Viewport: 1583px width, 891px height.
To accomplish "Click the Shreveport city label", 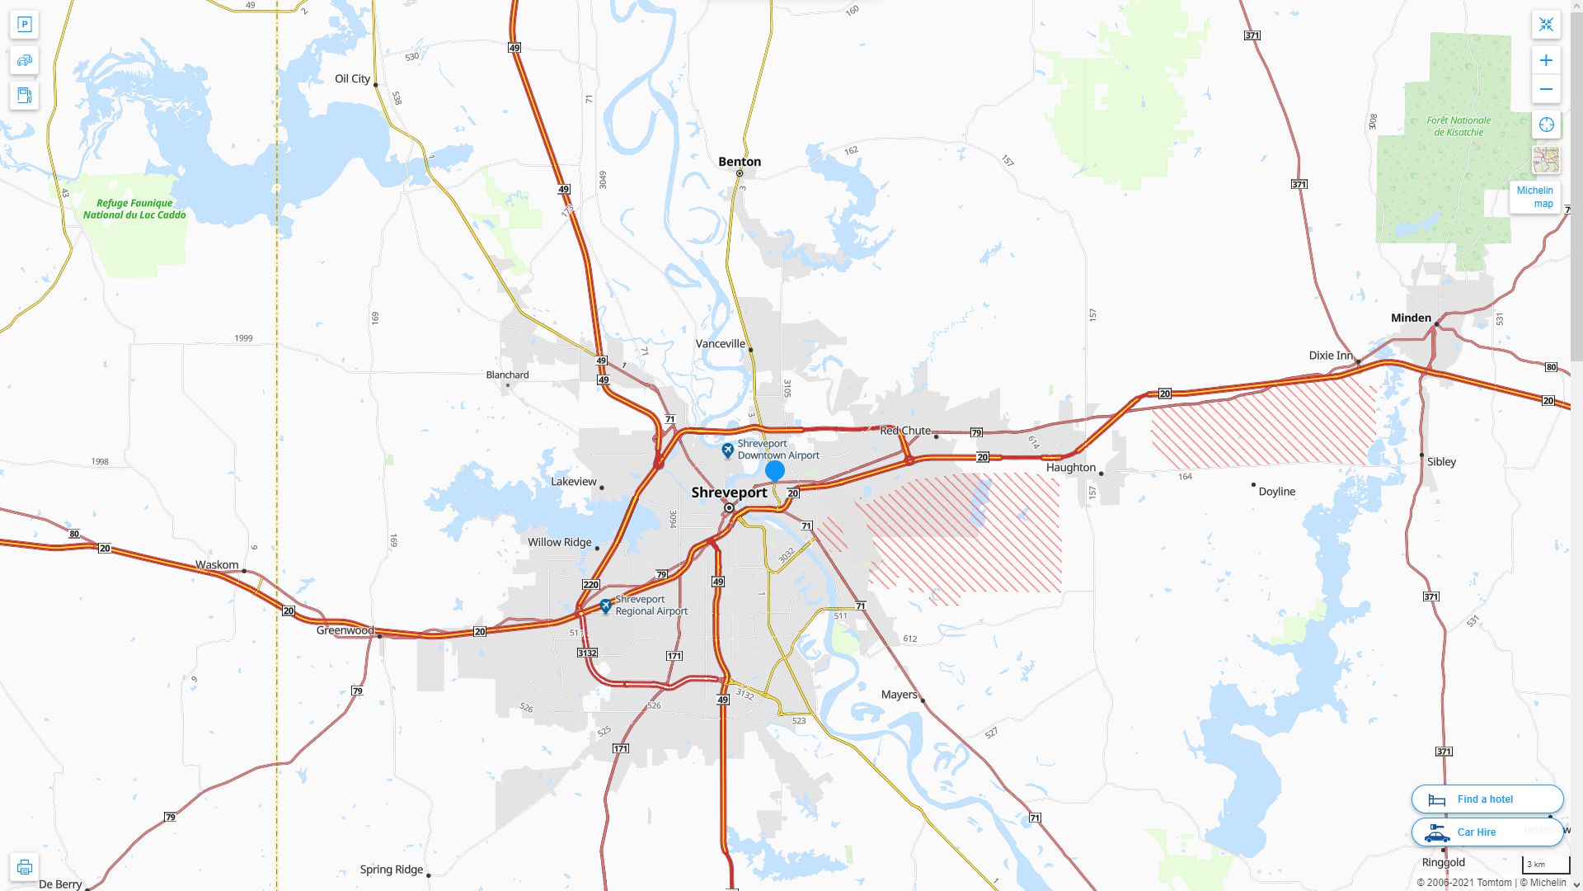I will point(729,493).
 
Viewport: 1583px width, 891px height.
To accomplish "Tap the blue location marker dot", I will point(774,471).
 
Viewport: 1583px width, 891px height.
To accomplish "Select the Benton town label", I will point(740,162).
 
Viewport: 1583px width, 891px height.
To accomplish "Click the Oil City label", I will point(352,79).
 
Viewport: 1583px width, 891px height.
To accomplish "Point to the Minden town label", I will point(1411,318).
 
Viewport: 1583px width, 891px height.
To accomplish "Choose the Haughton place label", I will point(1070,468).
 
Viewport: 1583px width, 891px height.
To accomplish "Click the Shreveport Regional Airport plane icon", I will point(606,606).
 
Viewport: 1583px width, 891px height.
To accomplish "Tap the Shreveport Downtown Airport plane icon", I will point(727,450).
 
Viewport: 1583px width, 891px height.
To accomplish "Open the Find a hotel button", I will point(1487,799).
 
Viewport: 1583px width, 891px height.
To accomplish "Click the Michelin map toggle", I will point(1534,197).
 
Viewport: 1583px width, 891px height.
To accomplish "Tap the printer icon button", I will point(24,867).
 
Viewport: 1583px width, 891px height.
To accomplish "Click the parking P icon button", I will point(24,25).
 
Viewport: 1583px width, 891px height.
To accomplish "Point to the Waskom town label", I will point(217,565).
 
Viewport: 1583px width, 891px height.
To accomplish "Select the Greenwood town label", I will point(345,630).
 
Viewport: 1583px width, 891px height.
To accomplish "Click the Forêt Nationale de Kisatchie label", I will point(1459,126).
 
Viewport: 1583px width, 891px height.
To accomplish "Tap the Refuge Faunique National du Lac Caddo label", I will point(134,209).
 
